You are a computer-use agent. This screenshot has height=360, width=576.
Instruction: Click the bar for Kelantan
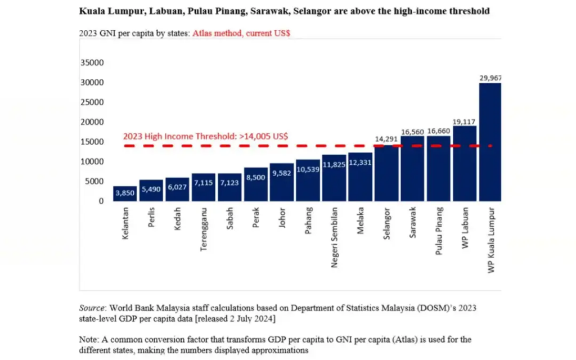pyautogui.click(x=125, y=193)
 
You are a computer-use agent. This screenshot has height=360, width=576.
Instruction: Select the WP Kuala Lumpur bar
pyautogui.click(x=490, y=142)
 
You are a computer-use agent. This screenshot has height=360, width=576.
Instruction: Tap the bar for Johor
pyautogui.click(x=282, y=182)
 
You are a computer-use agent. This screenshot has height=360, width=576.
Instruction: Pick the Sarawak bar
pyautogui.click(x=412, y=169)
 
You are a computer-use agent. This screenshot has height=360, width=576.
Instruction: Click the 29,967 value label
pyautogui.click(x=490, y=78)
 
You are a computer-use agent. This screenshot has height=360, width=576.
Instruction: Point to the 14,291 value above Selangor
pyautogui.click(x=386, y=139)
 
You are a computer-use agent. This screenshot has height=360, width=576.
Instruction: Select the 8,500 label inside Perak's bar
pyautogui.click(x=256, y=177)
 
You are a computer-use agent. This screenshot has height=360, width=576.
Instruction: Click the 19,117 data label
pyautogui.click(x=464, y=121)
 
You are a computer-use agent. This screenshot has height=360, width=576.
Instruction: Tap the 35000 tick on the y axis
pyautogui.click(x=92, y=62)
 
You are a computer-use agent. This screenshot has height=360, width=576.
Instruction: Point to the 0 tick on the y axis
pyautogui.click(x=101, y=201)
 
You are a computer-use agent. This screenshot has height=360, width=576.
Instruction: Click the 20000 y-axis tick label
pyautogui.click(x=92, y=122)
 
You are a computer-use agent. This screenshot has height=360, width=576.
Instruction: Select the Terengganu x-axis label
pyautogui.click(x=204, y=229)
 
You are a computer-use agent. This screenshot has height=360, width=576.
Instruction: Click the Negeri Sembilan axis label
pyautogui.click(x=334, y=237)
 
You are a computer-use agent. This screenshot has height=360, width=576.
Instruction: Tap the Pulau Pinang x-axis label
pyautogui.click(x=439, y=231)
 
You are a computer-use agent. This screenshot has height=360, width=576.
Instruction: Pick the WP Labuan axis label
pyautogui.click(x=465, y=228)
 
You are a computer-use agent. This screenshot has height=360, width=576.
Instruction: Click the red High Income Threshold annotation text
pyautogui.click(x=205, y=136)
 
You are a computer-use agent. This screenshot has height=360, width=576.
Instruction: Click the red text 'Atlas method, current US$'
pyautogui.click(x=241, y=33)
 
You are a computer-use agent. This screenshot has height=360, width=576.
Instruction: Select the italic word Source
pyautogui.click(x=92, y=308)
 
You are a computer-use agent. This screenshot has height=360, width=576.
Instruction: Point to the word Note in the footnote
pyautogui.click(x=88, y=339)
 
